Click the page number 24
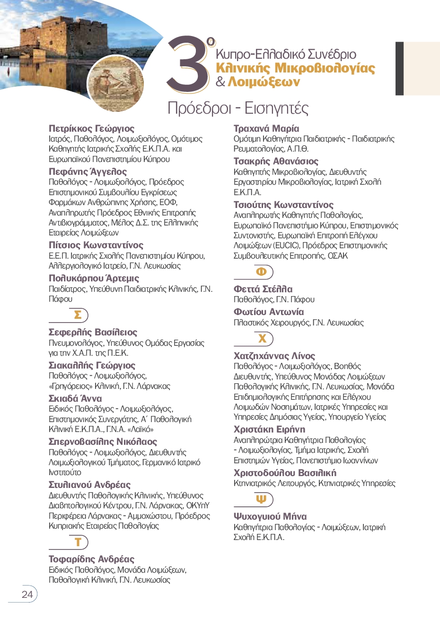[27, 594]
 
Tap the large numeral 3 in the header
[187, 64]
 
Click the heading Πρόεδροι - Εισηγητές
[238, 108]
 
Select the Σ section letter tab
[78, 315]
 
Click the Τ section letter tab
[78, 542]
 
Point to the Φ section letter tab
[262, 272]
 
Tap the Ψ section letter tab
[261, 499]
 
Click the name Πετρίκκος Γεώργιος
[91, 128]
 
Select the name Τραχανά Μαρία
[266, 128]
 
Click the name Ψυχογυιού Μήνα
[270, 516]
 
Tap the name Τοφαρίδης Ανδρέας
[91, 559]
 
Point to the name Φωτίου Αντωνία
[269, 312]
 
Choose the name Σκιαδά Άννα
[75, 398]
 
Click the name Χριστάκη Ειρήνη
[269, 429]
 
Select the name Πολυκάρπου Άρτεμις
[94, 278]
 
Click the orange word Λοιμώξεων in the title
[264, 82]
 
